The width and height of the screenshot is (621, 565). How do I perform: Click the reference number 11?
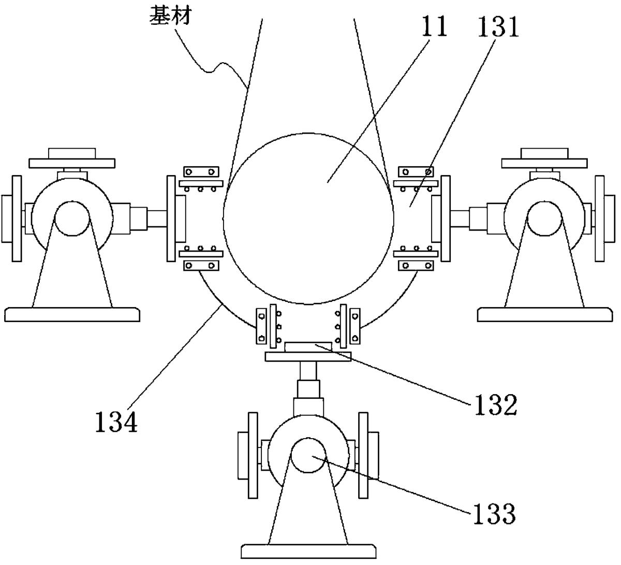pyautogui.click(x=434, y=27)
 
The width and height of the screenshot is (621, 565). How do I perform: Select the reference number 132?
pyautogui.click(x=493, y=405)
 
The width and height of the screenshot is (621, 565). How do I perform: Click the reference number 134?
pyautogui.click(x=116, y=422)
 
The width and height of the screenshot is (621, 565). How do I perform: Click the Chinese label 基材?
pyautogui.click(x=170, y=16)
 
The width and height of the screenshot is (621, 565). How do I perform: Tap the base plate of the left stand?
pyautogui.click(x=72, y=314)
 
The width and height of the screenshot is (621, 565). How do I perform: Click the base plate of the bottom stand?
pyautogui.click(x=308, y=550)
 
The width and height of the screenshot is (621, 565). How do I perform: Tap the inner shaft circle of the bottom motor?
pyautogui.click(x=308, y=455)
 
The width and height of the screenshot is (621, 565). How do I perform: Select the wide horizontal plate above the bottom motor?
pyautogui.click(x=308, y=356)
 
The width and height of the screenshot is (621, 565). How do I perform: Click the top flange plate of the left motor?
pyautogui.click(x=72, y=163)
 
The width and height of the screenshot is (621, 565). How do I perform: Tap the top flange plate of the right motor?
pyautogui.click(x=544, y=163)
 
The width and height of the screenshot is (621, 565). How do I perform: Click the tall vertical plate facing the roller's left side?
pyautogui.click(x=171, y=218)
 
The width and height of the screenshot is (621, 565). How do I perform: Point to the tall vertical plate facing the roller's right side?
pyautogui.click(x=445, y=218)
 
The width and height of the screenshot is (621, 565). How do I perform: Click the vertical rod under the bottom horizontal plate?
pyautogui.click(x=308, y=372)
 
